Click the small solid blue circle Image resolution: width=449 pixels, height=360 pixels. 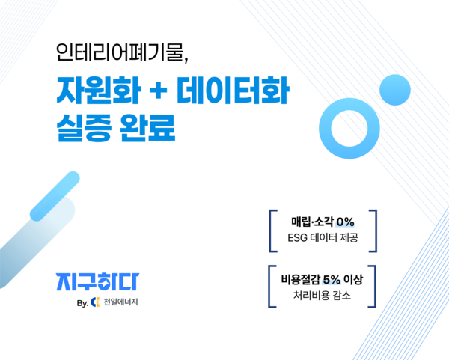(x=393, y=91)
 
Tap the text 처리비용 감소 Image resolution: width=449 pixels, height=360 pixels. (x=322, y=296)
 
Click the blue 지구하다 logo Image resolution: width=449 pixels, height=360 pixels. (x=97, y=281)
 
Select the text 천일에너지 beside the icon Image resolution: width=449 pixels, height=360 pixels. (x=120, y=303)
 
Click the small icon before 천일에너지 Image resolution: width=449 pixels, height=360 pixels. (x=95, y=303)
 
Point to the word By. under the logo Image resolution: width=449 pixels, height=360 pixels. (x=82, y=303)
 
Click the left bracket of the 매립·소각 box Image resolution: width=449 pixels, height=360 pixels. (x=271, y=231)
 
